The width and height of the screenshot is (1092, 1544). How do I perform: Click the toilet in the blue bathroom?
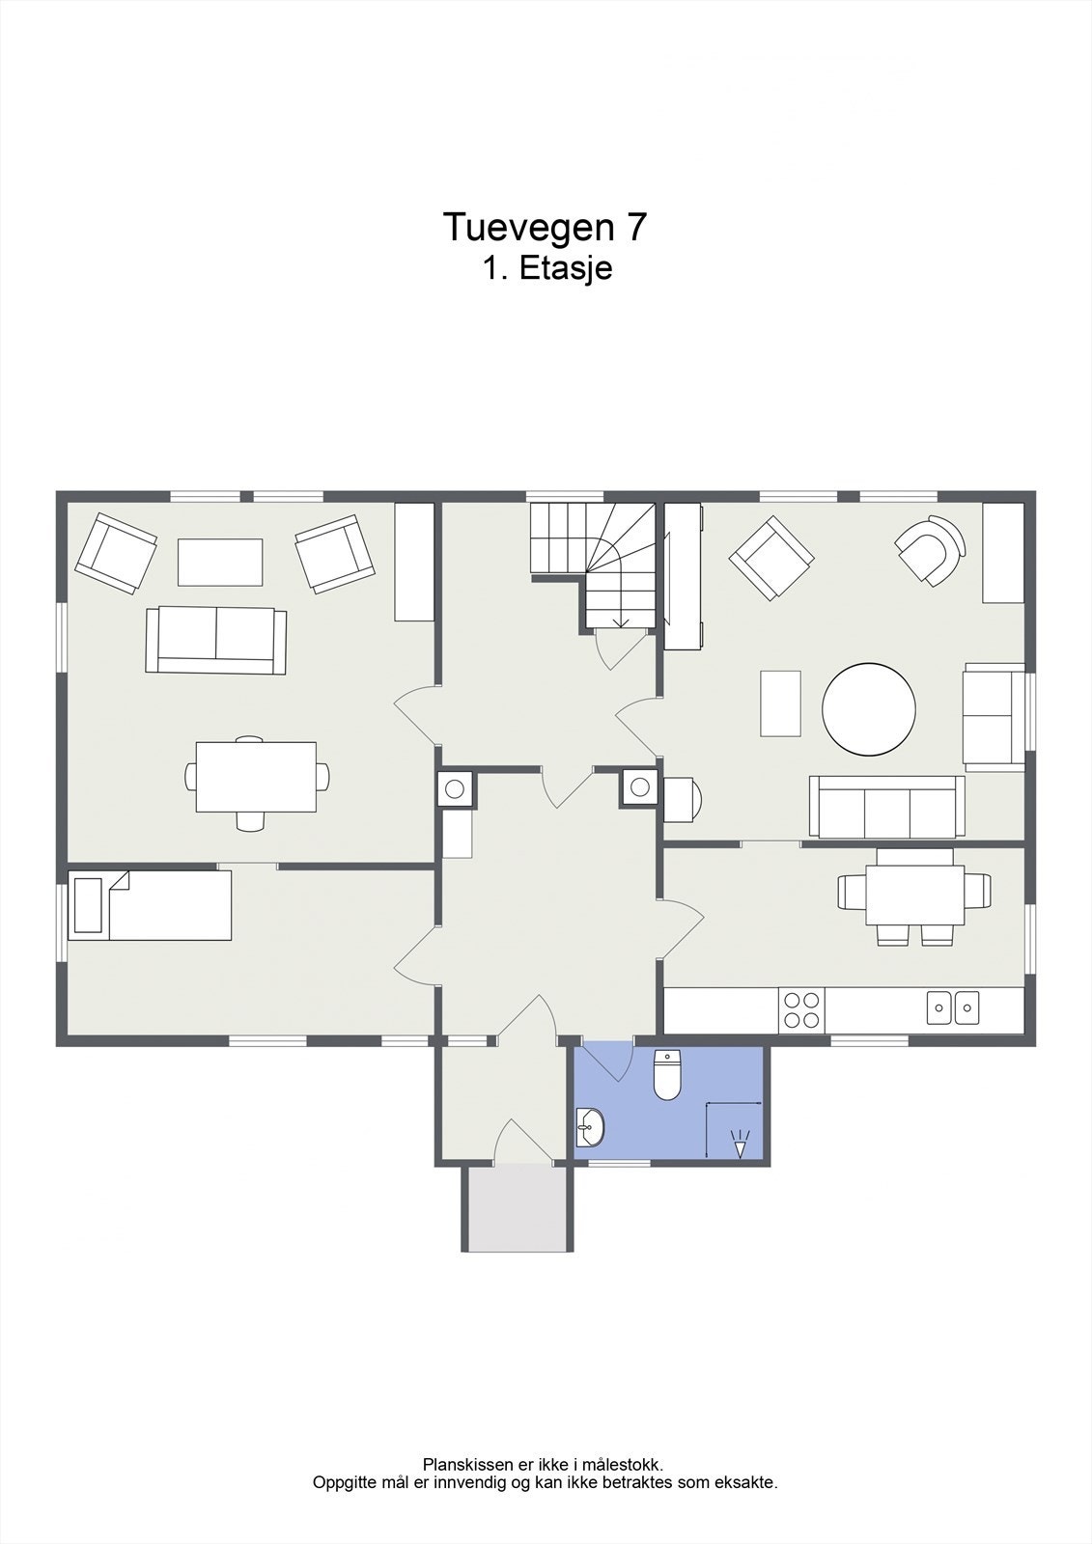667,1075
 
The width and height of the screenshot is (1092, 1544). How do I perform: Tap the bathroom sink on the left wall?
589,1128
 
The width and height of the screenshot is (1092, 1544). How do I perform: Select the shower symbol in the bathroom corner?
741,1147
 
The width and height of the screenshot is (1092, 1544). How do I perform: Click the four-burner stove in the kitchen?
801,1009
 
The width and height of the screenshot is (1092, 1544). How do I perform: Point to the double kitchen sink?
953,1007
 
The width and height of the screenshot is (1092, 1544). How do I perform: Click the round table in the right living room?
869,709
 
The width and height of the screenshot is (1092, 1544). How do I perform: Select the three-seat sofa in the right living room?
887,807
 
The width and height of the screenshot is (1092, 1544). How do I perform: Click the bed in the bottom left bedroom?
150,905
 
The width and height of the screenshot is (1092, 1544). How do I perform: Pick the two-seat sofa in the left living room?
216,641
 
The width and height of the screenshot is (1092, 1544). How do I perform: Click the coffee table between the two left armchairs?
220,563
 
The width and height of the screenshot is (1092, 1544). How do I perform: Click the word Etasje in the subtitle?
565,268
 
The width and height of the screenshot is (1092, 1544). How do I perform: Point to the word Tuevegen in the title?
528,228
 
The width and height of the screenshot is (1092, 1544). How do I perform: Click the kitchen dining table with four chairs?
914,896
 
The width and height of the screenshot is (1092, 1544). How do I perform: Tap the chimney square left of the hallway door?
455,788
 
